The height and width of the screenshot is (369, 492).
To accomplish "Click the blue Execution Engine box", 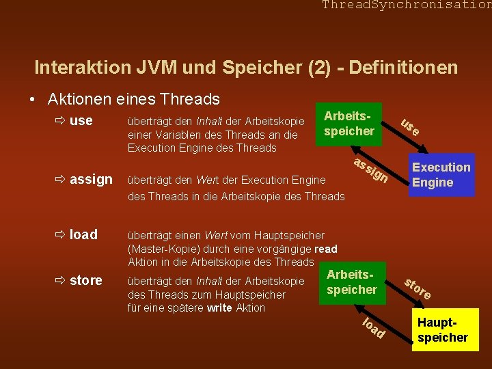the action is point(441,175).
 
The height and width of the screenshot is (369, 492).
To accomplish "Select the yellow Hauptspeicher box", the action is point(443,329).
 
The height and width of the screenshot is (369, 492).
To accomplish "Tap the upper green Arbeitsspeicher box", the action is point(348,123).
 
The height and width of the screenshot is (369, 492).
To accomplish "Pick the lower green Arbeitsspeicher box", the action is point(352,282).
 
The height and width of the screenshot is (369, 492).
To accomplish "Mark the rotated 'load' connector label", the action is point(373,329).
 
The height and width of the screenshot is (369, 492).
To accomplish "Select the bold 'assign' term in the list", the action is point(91,180).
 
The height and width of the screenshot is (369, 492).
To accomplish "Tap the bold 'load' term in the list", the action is point(83,234).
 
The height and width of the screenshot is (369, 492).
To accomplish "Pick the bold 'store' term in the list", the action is point(86,280).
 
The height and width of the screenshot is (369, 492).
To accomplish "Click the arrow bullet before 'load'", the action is point(60,235).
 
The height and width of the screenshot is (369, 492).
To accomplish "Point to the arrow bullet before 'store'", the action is point(60,281).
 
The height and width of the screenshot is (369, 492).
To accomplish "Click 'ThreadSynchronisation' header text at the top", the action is point(407,5).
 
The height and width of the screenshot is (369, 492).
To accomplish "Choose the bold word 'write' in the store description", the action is point(219,307).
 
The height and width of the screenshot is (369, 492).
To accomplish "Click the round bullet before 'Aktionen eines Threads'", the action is point(33,100).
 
